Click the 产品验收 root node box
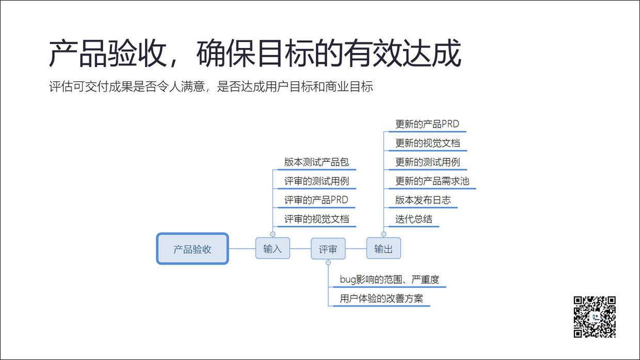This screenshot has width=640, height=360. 193,249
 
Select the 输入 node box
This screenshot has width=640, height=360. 273,248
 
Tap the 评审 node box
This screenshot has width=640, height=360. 328,249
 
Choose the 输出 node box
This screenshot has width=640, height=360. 383,248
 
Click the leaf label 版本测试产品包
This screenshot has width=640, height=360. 316,162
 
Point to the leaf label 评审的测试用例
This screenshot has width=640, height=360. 316,181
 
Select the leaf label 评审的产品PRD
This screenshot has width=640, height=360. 316,200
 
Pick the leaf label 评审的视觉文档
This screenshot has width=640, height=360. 316,219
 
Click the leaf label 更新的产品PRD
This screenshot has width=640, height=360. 427,124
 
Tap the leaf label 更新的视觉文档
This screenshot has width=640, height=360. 427,143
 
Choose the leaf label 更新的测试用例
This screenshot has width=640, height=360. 427,162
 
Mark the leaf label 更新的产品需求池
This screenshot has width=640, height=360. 432,181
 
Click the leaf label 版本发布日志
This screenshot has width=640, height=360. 423,200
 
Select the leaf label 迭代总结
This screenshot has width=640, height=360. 413,219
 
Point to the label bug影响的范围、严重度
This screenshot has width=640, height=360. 389,280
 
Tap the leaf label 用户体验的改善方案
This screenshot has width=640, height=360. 381,299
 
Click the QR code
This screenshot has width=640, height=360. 595,317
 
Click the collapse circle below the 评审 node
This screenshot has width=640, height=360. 328,263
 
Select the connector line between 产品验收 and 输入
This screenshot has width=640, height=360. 242,249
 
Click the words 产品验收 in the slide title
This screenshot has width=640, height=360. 106,54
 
